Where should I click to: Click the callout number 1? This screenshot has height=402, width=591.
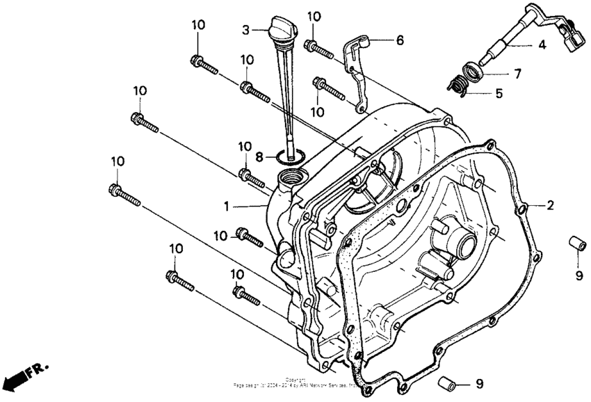[225, 207]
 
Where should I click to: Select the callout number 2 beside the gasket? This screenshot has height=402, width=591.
[550, 205]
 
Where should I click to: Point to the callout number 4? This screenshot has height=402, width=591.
[541, 45]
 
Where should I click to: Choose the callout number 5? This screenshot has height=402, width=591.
[499, 92]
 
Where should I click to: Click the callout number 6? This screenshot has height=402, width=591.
[400, 40]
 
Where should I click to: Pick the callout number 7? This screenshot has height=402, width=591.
[516, 72]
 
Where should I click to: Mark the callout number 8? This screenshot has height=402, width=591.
[259, 156]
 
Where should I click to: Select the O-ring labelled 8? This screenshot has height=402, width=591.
[292, 156]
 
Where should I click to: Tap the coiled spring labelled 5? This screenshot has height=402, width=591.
[458, 83]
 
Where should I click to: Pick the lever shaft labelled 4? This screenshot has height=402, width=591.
[521, 38]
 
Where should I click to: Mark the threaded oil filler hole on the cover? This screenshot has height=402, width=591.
[291, 179]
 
